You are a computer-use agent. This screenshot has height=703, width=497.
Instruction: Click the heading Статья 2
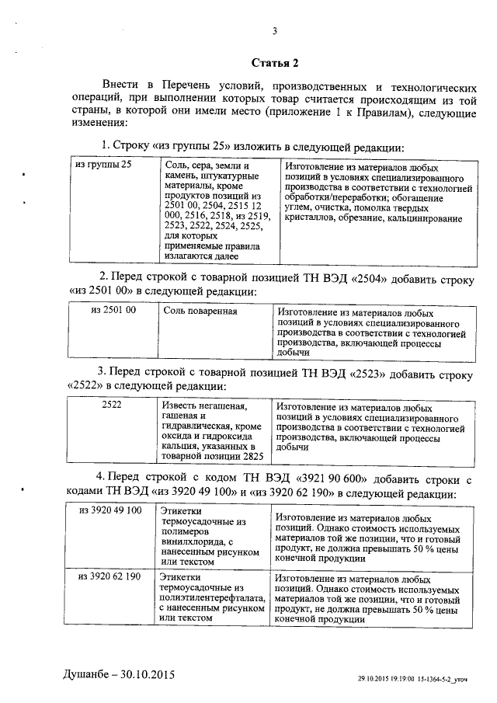275,61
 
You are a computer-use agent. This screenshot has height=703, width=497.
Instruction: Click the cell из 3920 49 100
110,510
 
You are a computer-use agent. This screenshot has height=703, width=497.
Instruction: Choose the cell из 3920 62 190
110,576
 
